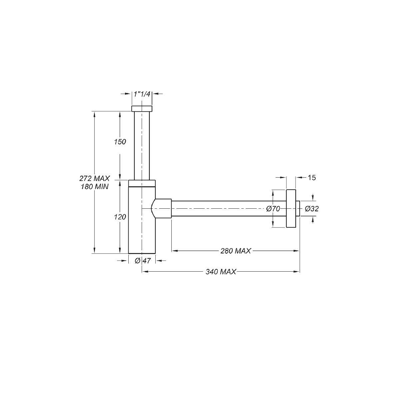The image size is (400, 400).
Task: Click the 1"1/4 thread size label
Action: (x=142, y=94)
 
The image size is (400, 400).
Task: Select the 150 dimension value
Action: (x=120, y=142)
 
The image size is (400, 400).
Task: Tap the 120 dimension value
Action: (x=120, y=217)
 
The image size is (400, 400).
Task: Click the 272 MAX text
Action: (x=94, y=178)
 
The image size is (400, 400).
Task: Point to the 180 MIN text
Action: (x=94, y=187)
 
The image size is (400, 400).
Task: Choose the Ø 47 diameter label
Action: (x=143, y=261)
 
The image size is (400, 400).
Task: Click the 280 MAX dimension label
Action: (x=236, y=251)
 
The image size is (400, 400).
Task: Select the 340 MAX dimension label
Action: (x=221, y=272)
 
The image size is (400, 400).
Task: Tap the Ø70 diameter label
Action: (x=273, y=209)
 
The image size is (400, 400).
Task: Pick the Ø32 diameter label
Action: (x=312, y=209)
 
